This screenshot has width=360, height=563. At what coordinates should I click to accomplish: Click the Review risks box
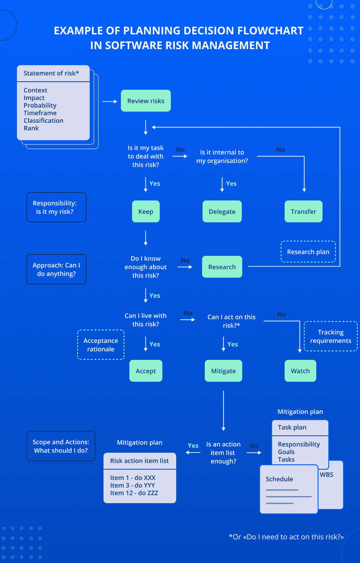[146, 101]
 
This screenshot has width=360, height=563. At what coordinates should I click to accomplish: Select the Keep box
[145, 212]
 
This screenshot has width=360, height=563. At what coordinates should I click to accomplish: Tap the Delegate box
[222, 212]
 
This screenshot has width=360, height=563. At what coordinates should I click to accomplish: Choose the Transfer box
[303, 212]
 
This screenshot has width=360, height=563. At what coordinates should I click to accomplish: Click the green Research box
[222, 267]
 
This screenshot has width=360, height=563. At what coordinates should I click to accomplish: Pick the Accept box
[145, 371]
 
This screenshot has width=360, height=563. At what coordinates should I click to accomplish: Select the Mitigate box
[223, 371]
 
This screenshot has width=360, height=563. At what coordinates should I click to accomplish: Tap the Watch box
[300, 371]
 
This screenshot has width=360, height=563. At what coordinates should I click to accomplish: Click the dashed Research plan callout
[308, 252]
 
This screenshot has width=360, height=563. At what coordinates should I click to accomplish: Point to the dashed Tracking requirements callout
[331, 336]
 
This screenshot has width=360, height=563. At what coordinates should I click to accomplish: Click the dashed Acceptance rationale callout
[101, 345]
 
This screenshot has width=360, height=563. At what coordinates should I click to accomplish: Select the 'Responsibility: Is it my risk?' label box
[56, 207]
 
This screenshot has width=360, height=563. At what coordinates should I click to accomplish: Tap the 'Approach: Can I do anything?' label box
[56, 269]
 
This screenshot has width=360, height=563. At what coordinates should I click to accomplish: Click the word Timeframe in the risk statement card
[40, 113]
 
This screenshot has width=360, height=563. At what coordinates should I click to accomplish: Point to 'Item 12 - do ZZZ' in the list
[134, 493]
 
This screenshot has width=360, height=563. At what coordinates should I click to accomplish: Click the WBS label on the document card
[326, 475]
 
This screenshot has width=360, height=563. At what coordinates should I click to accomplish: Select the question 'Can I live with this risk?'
[145, 320]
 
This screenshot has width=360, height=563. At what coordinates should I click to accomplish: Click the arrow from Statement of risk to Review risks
[110, 101]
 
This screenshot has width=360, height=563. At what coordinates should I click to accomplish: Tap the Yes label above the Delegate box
[231, 183]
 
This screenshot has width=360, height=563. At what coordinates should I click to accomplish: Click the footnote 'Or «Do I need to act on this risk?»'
[286, 537]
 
